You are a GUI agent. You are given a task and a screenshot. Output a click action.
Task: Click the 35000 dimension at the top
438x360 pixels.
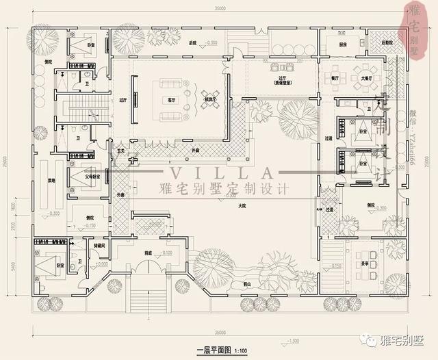click(x=220, y=8)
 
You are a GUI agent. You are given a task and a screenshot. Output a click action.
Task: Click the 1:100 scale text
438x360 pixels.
click(x=240, y=350)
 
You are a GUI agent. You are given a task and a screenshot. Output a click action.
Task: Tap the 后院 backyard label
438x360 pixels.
click(x=192, y=43)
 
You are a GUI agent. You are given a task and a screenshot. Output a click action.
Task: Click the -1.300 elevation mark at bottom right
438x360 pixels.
click(x=294, y=341)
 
